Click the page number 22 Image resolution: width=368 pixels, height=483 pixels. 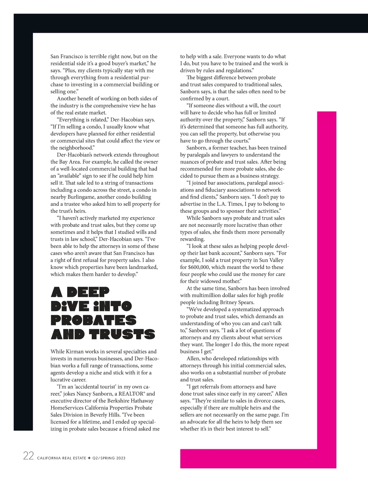pos(29,456)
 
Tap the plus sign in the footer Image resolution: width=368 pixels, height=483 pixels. pos(89,458)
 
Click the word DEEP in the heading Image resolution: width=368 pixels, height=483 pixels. pos(88,293)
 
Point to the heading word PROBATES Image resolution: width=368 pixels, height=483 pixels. pos(94,320)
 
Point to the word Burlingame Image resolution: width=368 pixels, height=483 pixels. pos(66,197)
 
